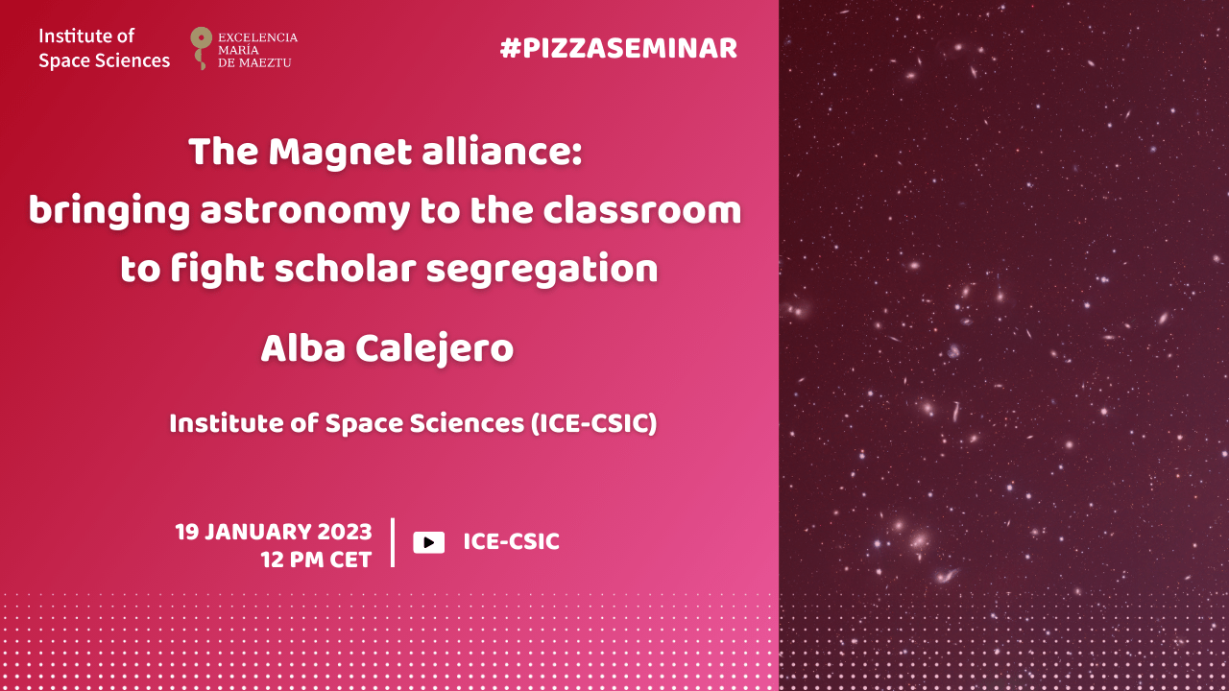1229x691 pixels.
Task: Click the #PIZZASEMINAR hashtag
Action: [618, 48]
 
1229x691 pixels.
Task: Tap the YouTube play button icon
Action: [428, 542]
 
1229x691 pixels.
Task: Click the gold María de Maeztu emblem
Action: [201, 48]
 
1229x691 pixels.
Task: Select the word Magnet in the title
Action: [340, 152]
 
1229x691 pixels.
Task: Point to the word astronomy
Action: [304, 212]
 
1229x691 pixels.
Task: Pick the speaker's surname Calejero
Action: [435, 348]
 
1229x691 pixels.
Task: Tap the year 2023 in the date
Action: [345, 532]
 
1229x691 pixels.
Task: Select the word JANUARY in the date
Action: [258, 532]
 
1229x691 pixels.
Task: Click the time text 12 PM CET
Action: [316, 560]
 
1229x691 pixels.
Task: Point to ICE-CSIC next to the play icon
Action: [512, 542]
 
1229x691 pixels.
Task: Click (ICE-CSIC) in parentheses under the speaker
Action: [593, 423]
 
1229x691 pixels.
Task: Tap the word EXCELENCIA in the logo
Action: [258, 37]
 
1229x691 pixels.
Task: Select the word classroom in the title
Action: [642, 210]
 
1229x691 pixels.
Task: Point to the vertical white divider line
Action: [393, 542]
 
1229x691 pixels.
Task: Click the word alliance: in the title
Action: [501, 152]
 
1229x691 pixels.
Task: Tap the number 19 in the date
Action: [187, 532]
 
